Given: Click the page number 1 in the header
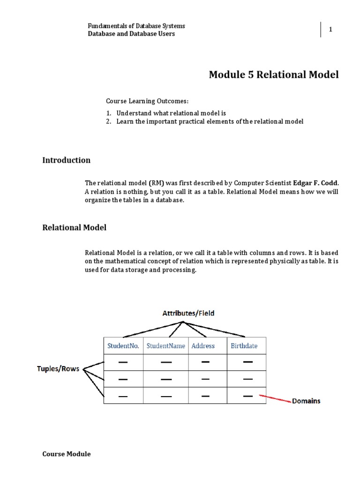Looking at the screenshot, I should (x=330, y=30).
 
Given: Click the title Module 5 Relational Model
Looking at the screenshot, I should (x=273, y=75).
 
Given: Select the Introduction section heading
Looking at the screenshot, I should (x=67, y=160).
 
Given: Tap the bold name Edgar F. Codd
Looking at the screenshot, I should (x=315, y=182).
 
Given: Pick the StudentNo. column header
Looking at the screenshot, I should (x=123, y=346).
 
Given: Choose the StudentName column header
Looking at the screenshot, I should (x=166, y=346).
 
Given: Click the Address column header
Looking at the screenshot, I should (x=203, y=346).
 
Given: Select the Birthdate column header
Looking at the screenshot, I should (x=244, y=346).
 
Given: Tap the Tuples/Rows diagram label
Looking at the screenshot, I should (x=59, y=369).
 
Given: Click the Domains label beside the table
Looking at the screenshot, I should (x=306, y=401).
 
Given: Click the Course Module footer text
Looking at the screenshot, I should (x=67, y=454).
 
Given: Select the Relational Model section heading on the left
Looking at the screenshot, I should (x=75, y=227).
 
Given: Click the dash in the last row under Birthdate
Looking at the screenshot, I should (x=248, y=396).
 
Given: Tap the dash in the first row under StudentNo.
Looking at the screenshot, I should (x=123, y=362).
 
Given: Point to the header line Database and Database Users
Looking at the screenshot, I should (x=132, y=34).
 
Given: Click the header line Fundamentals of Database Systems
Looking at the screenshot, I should (x=136, y=26).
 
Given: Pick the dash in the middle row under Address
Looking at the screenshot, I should (x=205, y=379).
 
